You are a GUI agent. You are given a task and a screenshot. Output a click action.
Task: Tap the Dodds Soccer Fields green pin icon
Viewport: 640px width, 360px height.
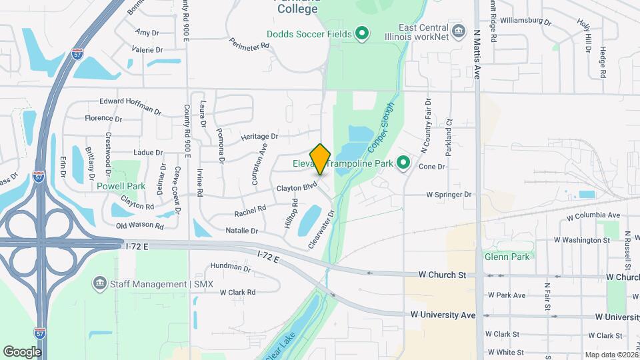tap(362, 33)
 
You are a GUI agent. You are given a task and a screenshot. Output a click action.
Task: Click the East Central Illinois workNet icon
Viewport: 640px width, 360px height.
tap(458, 31)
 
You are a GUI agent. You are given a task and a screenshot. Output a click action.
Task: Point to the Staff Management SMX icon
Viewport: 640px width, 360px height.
tap(100, 284)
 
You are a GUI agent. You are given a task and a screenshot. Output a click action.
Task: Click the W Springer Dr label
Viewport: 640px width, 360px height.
tap(449, 195)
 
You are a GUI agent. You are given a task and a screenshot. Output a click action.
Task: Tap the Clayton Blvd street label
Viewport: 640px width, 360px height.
tap(296, 189)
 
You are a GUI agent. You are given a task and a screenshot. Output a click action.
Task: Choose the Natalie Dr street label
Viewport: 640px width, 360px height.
tap(241, 231)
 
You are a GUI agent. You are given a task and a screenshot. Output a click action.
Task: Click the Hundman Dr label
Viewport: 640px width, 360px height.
tap(229, 268)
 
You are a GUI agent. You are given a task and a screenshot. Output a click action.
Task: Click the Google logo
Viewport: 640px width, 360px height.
tap(22, 351)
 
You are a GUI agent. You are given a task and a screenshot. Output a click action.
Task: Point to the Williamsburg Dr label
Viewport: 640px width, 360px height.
tap(525, 21)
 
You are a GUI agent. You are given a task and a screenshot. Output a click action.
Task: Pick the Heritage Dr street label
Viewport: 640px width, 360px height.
tap(259, 136)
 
